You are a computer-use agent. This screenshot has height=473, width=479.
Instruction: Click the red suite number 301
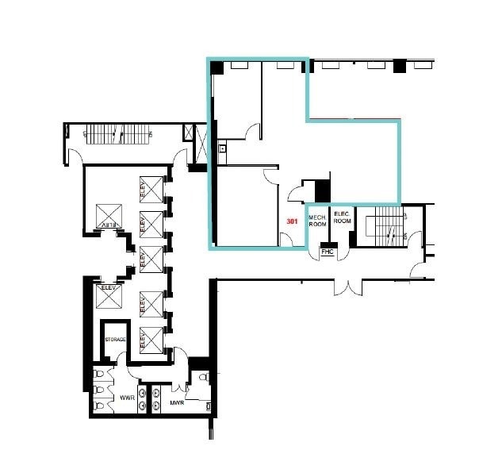point(292,221)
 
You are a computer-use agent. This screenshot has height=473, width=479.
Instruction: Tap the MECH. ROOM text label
point(317,220)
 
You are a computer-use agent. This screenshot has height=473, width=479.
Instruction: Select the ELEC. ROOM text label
point(342,217)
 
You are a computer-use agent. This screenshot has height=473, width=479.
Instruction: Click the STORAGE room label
point(116,339)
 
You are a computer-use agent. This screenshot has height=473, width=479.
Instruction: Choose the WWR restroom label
point(126,398)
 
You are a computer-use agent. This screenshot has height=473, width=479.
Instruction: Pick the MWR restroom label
point(178,403)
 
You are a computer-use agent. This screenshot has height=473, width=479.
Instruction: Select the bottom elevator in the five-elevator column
point(151,339)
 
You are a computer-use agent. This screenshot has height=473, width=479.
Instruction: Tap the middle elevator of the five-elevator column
point(151,258)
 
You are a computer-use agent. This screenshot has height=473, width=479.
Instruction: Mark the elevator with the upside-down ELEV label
point(106,216)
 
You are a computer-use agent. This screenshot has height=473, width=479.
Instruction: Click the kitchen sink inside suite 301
point(223,148)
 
